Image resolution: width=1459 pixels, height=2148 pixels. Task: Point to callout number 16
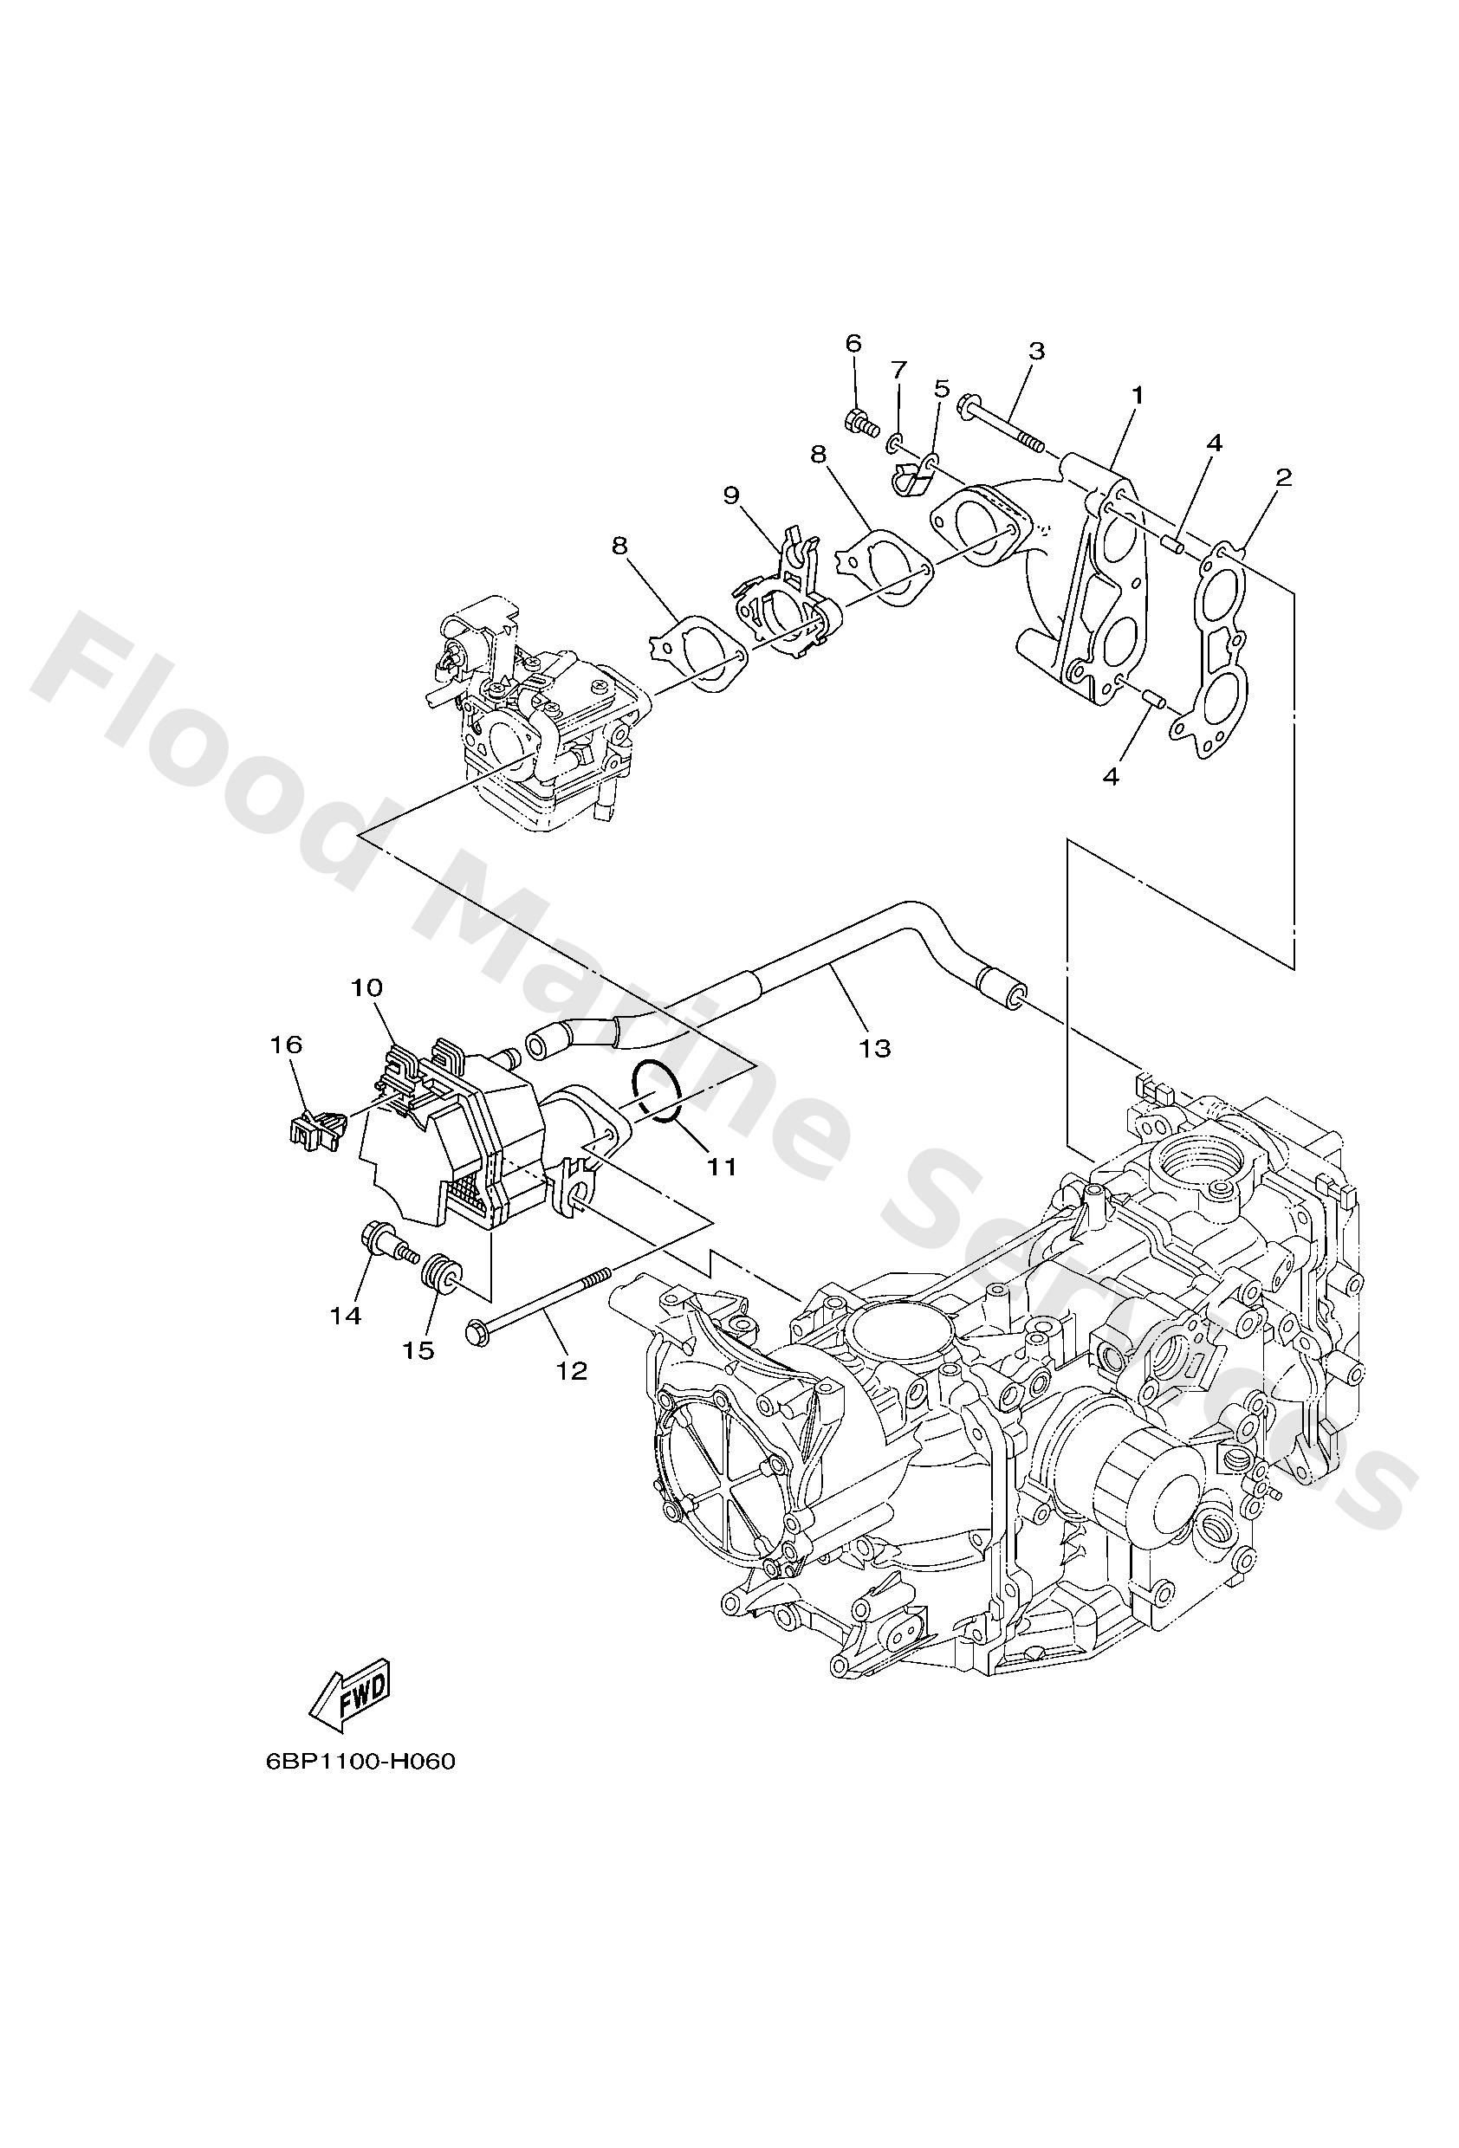click(286, 1045)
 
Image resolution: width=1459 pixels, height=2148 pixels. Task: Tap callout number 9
click(731, 496)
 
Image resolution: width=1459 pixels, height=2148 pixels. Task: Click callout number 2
click(1282, 478)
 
